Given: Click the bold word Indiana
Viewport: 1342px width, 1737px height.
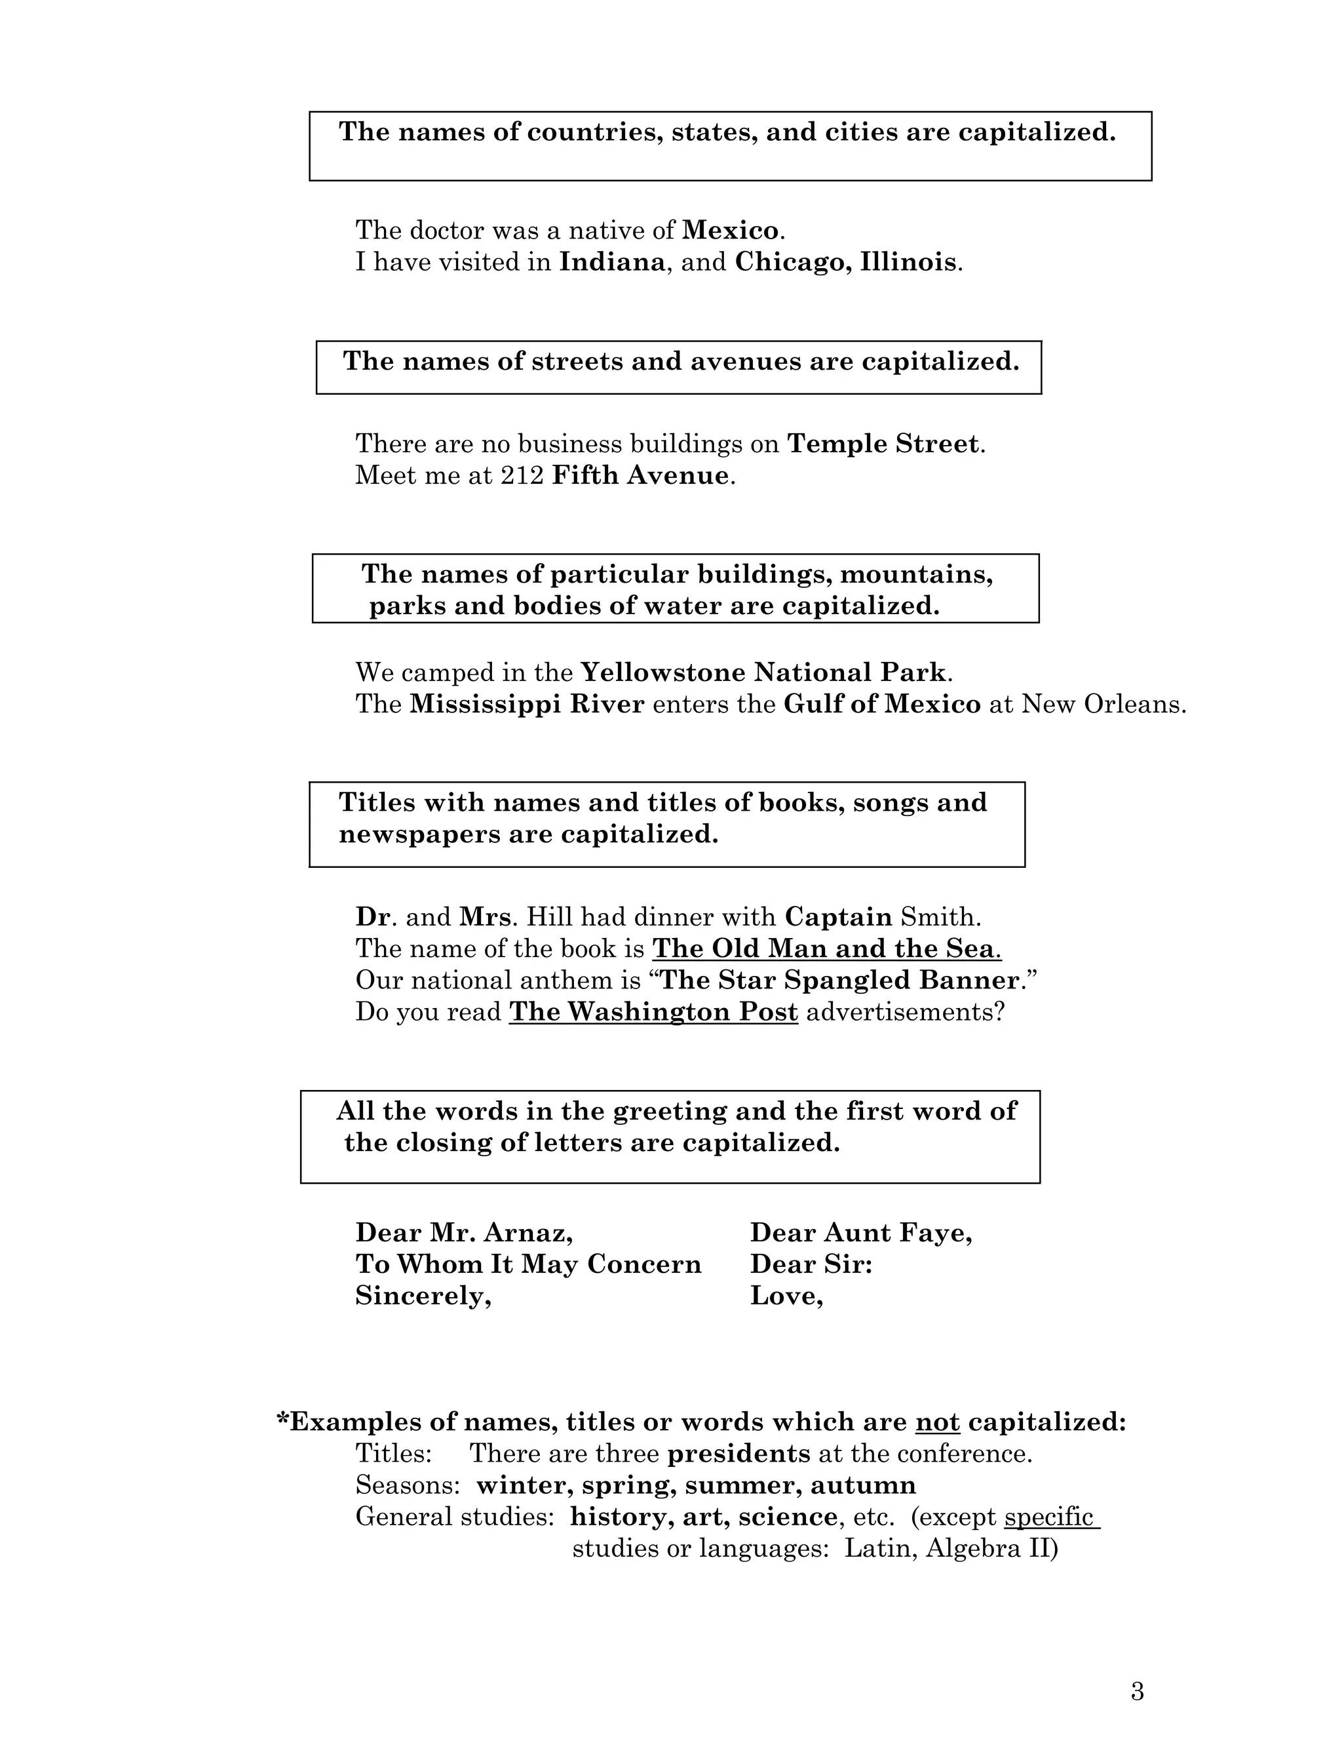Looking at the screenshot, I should (612, 262).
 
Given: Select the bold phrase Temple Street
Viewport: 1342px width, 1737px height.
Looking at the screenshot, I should (883, 444).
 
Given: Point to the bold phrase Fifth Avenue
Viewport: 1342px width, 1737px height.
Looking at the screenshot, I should (640, 476).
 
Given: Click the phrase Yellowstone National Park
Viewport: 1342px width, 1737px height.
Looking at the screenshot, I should (763, 673).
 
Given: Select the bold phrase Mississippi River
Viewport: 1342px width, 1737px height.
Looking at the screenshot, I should (526, 705).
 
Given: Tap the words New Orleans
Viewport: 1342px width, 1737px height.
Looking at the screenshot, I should (1103, 705).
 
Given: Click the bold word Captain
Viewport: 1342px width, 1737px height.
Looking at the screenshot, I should (838, 917).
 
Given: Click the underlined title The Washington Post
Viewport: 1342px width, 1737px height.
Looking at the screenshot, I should (653, 1013).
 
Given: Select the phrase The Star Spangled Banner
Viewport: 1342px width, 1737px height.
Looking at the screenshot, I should (839, 981).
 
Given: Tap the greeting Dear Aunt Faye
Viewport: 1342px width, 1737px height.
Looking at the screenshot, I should (860, 1233).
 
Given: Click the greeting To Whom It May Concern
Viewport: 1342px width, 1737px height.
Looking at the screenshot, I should (528, 1264).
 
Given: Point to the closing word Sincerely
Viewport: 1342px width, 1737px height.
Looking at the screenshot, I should (423, 1297).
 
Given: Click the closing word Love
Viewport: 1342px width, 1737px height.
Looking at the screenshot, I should (786, 1297).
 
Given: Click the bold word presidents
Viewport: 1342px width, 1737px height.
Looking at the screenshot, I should (738, 1454).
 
